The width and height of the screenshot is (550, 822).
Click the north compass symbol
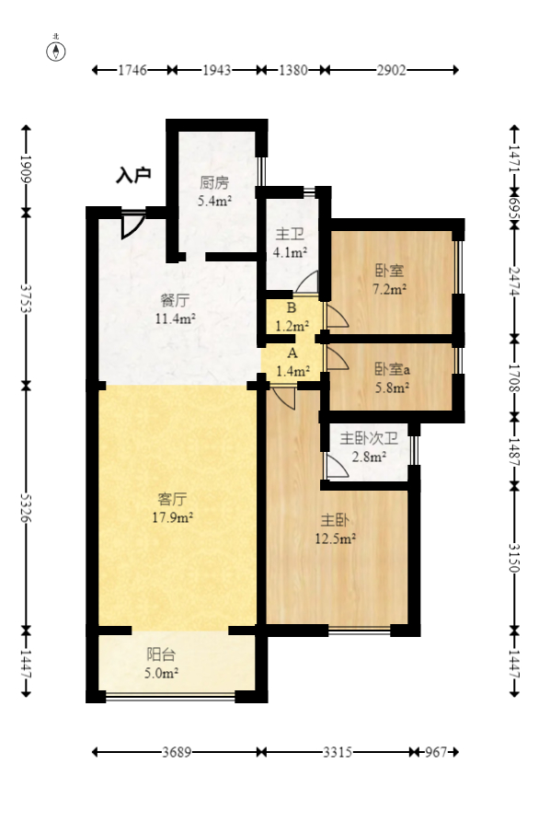(x=55, y=51)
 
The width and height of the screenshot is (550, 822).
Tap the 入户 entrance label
(x=133, y=175)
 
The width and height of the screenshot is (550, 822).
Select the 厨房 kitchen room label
(x=214, y=183)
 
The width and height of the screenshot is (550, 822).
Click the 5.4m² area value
(x=214, y=201)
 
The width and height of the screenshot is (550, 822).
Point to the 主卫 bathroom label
(x=290, y=235)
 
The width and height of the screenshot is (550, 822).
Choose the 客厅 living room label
(x=172, y=499)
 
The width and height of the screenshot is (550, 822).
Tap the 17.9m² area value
(x=172, y=517)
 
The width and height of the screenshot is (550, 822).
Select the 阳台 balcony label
(x=161, y=654)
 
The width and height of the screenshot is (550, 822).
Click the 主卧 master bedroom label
(x=335, y=520)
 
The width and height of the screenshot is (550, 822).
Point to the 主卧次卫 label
(x=369, y=438)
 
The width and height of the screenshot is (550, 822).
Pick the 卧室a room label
(x=392, y=370)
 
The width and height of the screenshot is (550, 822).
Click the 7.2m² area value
(x=390, y=289)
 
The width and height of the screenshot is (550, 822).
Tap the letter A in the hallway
(x=292, y=353)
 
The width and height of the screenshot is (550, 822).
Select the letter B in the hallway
(x=292, y=307)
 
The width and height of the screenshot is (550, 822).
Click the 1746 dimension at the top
(x=132, y=70)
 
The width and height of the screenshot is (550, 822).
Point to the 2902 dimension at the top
(x=391, y=70)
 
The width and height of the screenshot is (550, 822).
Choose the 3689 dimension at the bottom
(x=177, y=752)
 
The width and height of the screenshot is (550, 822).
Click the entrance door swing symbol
(x=132, y=226)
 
